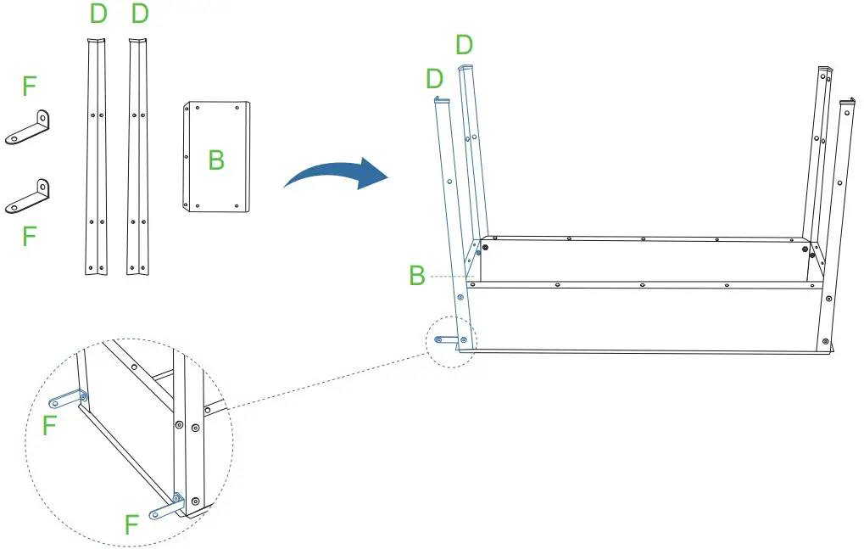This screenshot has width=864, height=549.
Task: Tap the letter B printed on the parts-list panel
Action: (x=217, y=159)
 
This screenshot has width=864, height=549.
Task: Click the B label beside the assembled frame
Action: (x=416, y=276)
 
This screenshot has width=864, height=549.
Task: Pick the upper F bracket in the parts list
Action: (x=29, y=127)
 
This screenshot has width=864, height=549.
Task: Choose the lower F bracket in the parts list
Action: (x=29, y=196)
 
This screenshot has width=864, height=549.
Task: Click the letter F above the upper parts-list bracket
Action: (x=30, y=85)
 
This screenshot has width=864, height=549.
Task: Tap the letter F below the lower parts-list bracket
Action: (x=30, y=236)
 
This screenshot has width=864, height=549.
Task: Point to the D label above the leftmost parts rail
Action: (x=98, y=14)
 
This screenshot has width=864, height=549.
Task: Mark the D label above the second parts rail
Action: (x=140, y=14)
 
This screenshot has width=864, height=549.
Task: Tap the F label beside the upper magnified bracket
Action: (x=49, y=425)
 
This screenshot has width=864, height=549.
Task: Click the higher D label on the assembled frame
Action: (x=464, y=44)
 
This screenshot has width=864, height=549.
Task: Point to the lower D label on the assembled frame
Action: (x=434, y=79)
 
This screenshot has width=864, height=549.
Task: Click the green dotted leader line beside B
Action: (x=449, y=276)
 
